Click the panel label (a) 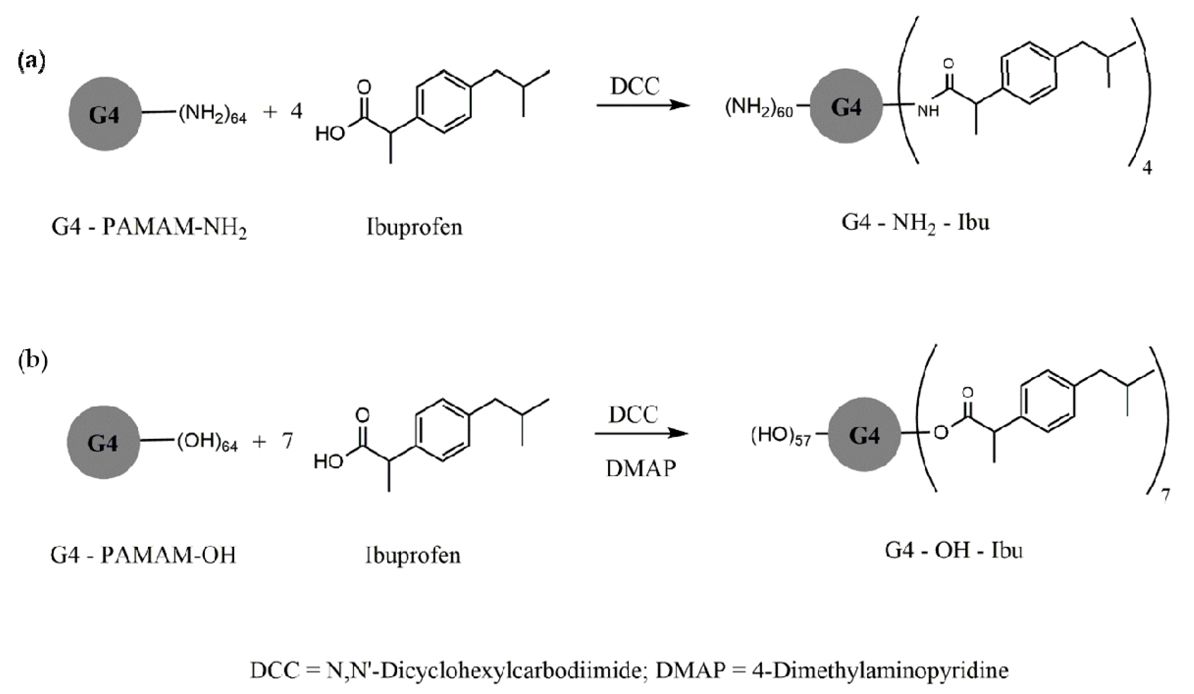pos(31,62)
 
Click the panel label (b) pos(33,361)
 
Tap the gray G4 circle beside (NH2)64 pos(105,114)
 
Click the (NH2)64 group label pos(212,114)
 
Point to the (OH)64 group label pos(208,443)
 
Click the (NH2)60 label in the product pos(758,109)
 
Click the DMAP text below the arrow pos(641,469)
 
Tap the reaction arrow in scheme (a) pos(642,105)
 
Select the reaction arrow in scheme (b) pos(641,433)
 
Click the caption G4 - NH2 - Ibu pos(915,223)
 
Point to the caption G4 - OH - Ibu pos(954,550)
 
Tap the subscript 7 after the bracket pos(1165,495)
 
